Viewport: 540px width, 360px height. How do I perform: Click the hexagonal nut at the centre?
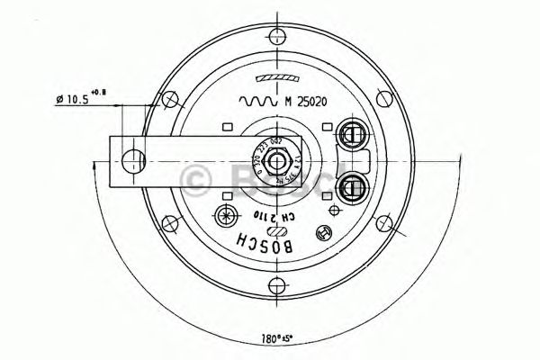pyautogui.click(x=283, y=162)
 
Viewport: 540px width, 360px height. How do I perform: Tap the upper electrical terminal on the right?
pyautogui.click(x=349, y=136)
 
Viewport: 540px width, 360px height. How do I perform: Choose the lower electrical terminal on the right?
pyautogui.click(x=349, y=187)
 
